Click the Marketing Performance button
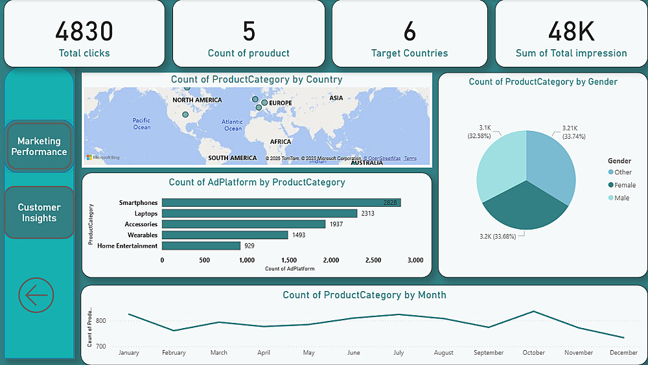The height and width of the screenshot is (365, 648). pos(39,147)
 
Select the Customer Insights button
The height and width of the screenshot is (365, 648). pos(39,213)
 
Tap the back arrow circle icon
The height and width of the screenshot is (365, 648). pos(36,296)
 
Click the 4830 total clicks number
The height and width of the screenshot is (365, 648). pos(84,31)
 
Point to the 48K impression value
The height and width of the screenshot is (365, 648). pos(571,31)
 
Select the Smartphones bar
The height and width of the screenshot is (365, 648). pos(281,203)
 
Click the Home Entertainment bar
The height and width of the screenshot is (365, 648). pos(201,246)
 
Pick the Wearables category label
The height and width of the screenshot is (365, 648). pos(143,235)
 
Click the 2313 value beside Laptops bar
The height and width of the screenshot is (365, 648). pos(368,213)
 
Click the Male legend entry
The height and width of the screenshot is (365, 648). pos(621,198)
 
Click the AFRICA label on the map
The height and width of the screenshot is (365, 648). pos(281,141)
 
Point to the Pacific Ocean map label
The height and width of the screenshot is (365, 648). pos(141,123)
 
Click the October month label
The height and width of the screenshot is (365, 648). pos(533,353)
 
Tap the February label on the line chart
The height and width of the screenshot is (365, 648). pos(174,353)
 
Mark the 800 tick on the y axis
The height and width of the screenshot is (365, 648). pos(100,320)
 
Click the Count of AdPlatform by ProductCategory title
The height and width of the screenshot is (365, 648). pos(257,182)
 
